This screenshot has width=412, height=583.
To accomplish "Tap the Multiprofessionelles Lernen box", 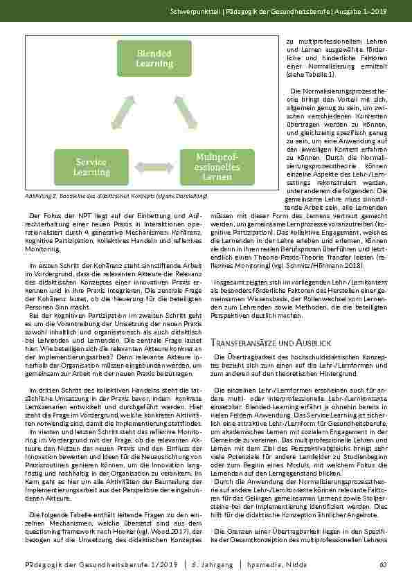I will point(217,167).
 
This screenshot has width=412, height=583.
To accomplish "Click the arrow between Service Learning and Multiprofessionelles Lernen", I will point(154,167).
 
